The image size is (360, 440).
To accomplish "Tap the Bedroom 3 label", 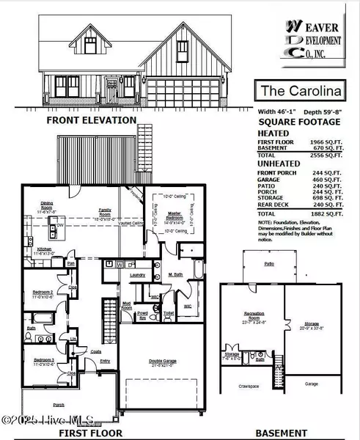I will tap(41, 361).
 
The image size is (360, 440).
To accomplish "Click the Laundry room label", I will tap(138, 275).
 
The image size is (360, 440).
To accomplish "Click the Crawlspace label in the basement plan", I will tap(249, 385).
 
